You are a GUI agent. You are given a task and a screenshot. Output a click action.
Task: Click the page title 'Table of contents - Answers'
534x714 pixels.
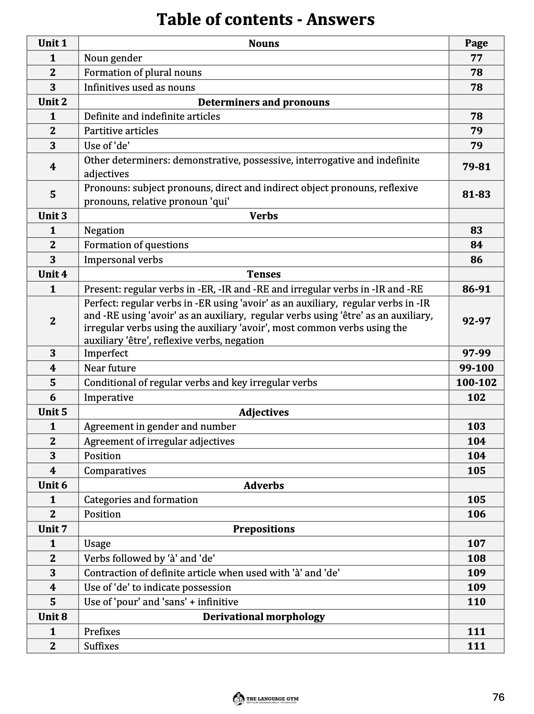pyautogui.click(x=266, y=20)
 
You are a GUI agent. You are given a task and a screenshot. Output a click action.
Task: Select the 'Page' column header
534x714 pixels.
pyautogui.click(x=476, y=43)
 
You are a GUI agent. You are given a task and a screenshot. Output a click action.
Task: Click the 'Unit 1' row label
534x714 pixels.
pyautogui.click(x=53, y=43)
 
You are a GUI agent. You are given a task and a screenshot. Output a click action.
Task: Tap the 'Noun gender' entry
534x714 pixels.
pyautogui.click(x=113, y=58)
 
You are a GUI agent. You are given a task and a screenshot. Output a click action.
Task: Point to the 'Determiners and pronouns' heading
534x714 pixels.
pyautogui.click(x=263, y=102)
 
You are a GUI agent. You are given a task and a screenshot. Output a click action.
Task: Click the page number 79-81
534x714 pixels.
pyautogui.click(x=476, y=167)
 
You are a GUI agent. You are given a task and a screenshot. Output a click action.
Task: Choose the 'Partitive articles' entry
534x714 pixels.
pyautogui.click(x=121, y=131)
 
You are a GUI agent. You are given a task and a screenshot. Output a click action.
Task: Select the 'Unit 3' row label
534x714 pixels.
pyautogui.click(x=53, y=216)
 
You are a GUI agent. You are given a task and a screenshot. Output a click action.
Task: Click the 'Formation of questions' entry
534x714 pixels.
pyautogui.click(x=136, y=245)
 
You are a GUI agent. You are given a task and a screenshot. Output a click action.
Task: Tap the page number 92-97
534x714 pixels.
pyautogui.click(x=476, y=321)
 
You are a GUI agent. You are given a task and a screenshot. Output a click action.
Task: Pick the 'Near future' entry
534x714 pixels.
pyautogui.click(x=110, y=368)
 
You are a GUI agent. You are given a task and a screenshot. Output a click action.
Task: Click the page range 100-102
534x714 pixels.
pyautogui.click(x=476, y=382)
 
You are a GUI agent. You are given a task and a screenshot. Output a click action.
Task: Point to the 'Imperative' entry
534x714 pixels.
pyautogui.click(x=109, y=397)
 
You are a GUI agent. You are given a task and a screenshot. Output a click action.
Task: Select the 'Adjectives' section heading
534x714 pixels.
pyautogui.click(x=263, y=412)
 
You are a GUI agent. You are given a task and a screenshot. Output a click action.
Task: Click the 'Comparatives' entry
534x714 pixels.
pyautogui.click(x=115, y=471)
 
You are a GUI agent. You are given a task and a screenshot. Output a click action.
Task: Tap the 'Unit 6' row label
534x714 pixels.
pyautogui.click(x=53, y=485)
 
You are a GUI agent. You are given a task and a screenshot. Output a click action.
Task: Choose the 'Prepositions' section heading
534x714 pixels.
pyautogui.click(x=263, y=529)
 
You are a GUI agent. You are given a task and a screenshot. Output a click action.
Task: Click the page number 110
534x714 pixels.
pyautogui.click(x=476, y=602)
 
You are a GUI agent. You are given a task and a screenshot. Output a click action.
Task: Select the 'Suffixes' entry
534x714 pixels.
pyautogui.click(x=101, y=646)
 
